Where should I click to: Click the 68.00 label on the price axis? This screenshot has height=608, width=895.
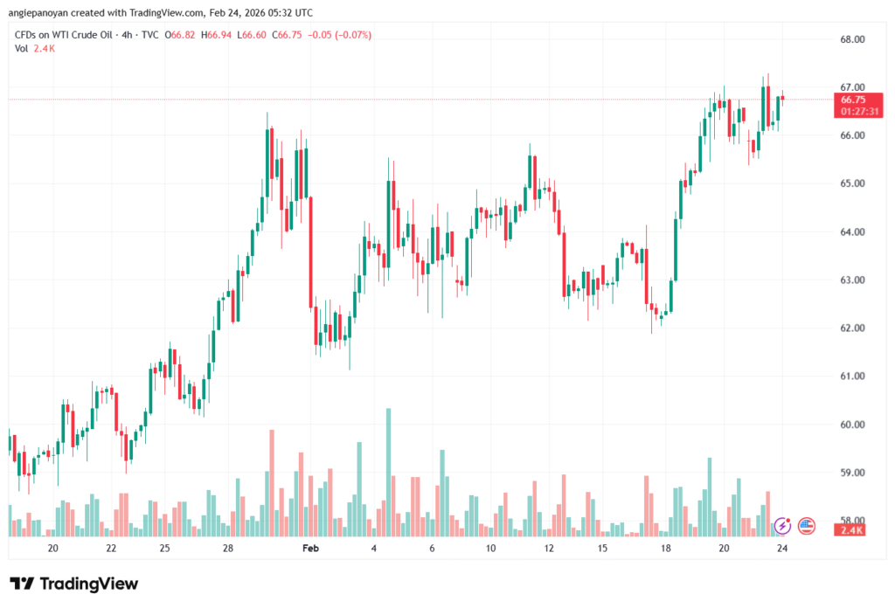851,39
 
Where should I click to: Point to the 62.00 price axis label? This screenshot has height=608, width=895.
851,328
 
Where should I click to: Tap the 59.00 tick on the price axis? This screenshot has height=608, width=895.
851,473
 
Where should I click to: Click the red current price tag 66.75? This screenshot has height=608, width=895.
852,100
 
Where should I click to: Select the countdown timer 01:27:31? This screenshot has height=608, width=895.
852,112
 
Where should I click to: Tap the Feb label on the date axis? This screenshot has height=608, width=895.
310,548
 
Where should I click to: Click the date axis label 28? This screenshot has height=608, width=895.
228,548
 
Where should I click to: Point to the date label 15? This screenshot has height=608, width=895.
602,548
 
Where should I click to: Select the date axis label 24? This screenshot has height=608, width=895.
782,548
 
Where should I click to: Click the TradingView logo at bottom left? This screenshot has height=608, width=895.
73,584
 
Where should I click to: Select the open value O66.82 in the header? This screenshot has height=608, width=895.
179,35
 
